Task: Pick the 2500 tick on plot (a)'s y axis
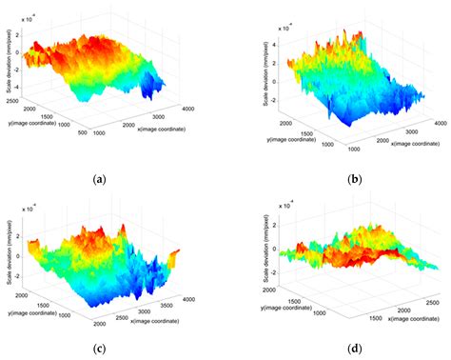(13, 98)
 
